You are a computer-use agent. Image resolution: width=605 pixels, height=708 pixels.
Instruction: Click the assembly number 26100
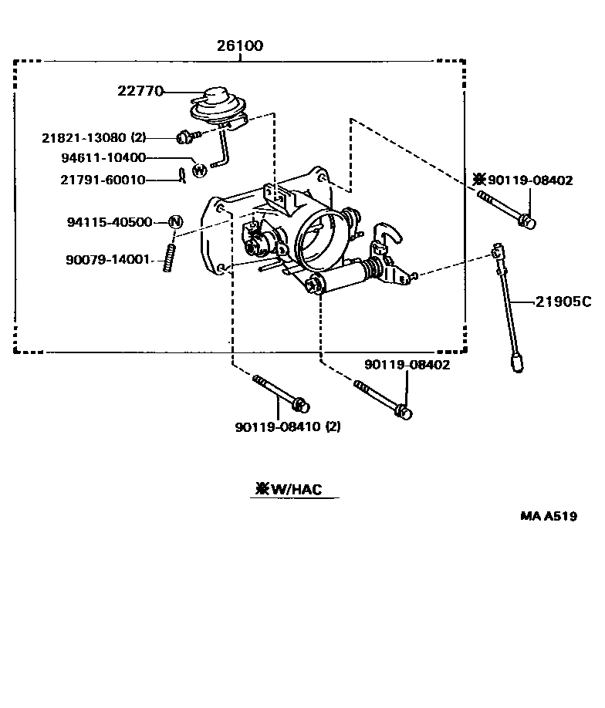(x=239, y=46)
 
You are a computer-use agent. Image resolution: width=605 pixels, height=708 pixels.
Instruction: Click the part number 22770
(x=140, y=90)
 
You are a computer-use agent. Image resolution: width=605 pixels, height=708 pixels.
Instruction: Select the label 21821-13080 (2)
(x=93, y=137)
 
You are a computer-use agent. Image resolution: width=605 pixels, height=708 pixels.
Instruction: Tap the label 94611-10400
(x=114, y=158)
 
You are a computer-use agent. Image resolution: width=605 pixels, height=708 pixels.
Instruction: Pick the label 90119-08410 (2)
(x=288, y=426)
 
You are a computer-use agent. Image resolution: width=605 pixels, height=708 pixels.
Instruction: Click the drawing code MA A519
(x=547, y=517)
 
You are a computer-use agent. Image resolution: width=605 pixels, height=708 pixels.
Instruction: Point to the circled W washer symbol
(x=199, y=170)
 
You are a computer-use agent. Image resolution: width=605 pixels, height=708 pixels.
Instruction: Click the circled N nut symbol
(x=175, y=222)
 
